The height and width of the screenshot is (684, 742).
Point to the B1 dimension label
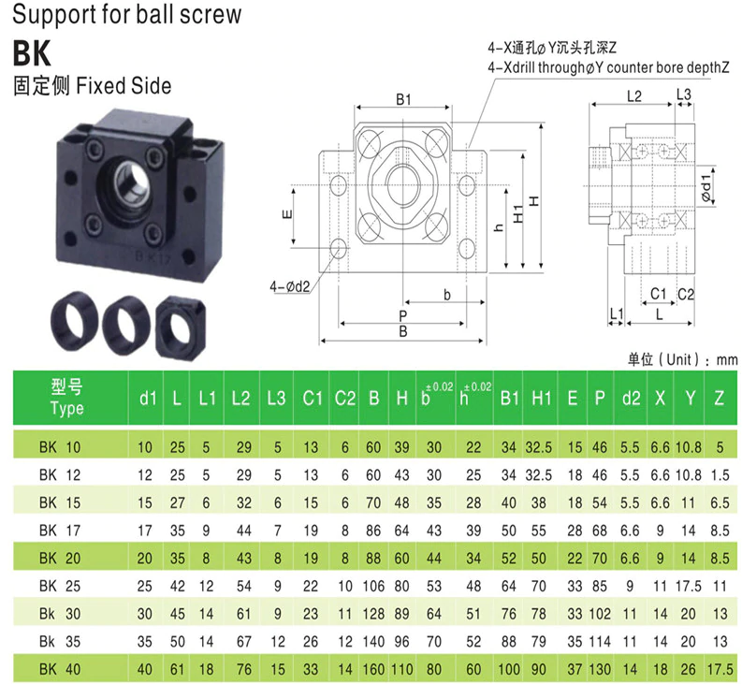(x=404, y=97)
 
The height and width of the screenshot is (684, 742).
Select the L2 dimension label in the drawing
(x=633, y=95)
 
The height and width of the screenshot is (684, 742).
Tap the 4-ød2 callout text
(x=289, y=285)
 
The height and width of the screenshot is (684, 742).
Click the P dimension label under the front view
(x=402, y=315)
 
